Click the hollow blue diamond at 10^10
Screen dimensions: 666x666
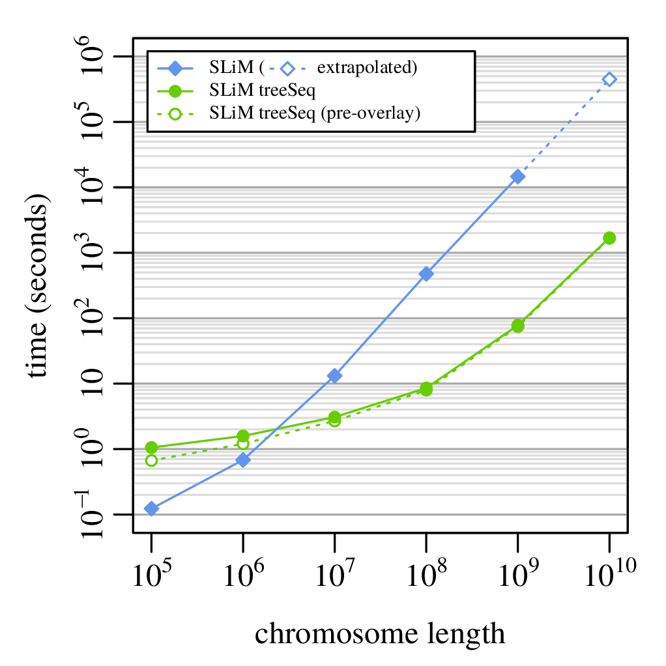(x=609, y=80)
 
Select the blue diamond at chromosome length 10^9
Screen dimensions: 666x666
(x=518, y=177)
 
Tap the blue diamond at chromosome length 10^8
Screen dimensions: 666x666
(x=426, y=274)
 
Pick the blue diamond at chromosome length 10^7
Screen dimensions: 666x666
(x=335, y=375)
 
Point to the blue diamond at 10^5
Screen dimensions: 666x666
(x=152, y=508)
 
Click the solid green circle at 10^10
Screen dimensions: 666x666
(x=609, y=238)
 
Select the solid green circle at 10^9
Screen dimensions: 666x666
(x=518, y=326)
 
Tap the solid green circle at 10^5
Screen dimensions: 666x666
(x=152, y=447)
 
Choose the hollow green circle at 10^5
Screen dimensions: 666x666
(x=152, y=460)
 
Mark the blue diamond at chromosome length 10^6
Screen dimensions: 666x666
(x=243, y=460)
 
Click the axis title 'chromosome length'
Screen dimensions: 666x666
(x=380, y=633)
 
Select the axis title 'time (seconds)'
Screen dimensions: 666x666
(x=37, y=287)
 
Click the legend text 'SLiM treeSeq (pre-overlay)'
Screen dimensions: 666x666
(x=315, y=113)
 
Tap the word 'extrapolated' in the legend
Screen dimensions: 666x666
(x=366, y=67)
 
